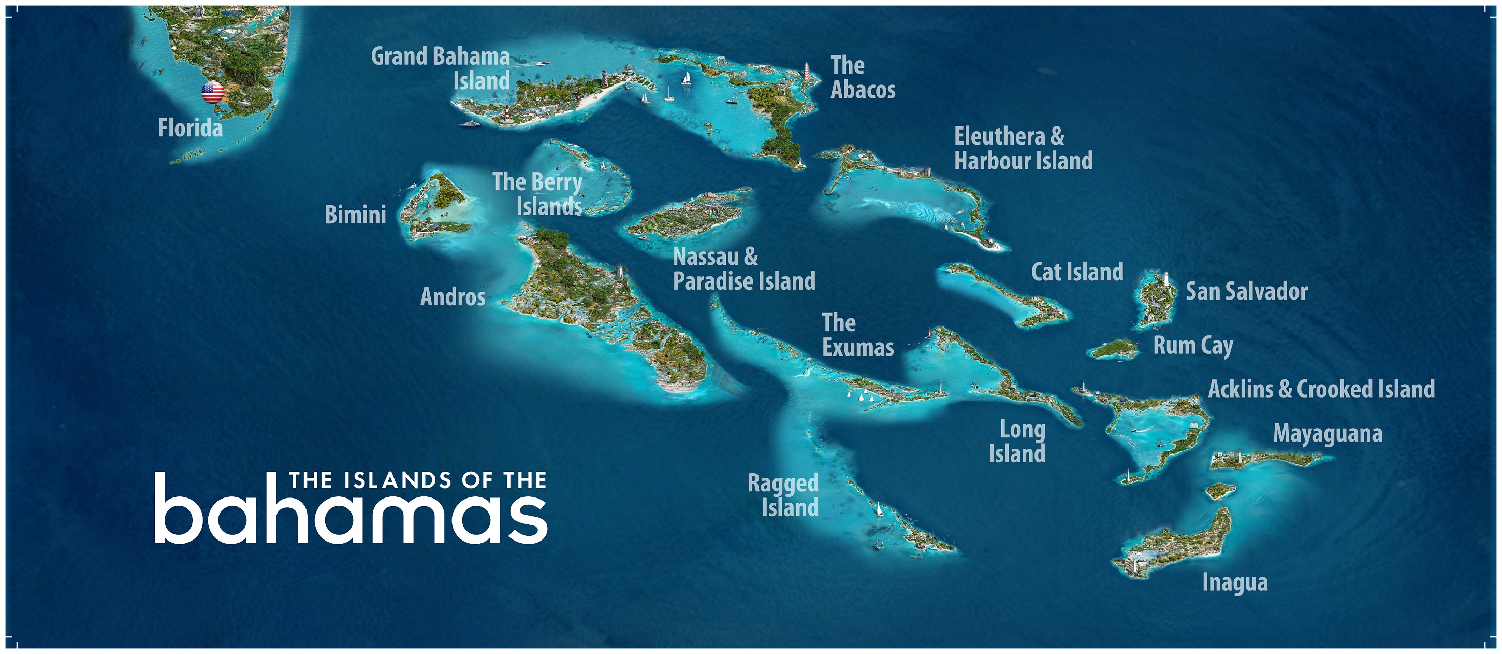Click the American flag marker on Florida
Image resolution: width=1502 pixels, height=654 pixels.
pyautogui.click(x=212, y=92)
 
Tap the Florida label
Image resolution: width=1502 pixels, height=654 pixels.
pyautogui.click(x=190, y=128)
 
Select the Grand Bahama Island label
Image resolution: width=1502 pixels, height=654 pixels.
pyautogui.click(x=441, y=69)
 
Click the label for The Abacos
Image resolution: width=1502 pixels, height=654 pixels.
pyautogui.click(x=863, y=78)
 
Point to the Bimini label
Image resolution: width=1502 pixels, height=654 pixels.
pyautogui.click(x=355, y=215)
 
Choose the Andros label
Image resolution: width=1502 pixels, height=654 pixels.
pyautogui.click(x=453, y=297)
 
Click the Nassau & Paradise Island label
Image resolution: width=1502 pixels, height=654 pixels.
pyautogui.click(x=743, y=269)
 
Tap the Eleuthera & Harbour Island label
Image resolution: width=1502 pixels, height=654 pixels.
pyautogui.click(x=1023, y=148)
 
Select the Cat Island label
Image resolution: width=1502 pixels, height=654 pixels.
pyautogui.click(x=1077, y=272)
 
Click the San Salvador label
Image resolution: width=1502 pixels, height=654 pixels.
pyautogui.click(x=1247, y=291)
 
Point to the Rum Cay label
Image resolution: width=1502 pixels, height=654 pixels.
pyautogui.click(x=1193, y=345)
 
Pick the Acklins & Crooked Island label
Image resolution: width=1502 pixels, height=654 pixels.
pyautogui.click(x=1321, y=389)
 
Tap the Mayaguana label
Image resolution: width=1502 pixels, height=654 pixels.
pyautogui.click(x=1328, y=433)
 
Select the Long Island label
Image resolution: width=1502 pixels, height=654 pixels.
pyautogui.click(x=1017, y=442)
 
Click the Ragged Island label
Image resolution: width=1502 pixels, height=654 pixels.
pyautogui.click(x=783, y=495)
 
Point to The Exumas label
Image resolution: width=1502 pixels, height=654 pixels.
pyautogui.click(x=857, y=335)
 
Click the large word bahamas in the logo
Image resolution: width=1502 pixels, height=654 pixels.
pyautogui.click(x=351, y=515)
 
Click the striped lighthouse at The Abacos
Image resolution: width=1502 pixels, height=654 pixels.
pyautogui.click(x=806, y=73)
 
